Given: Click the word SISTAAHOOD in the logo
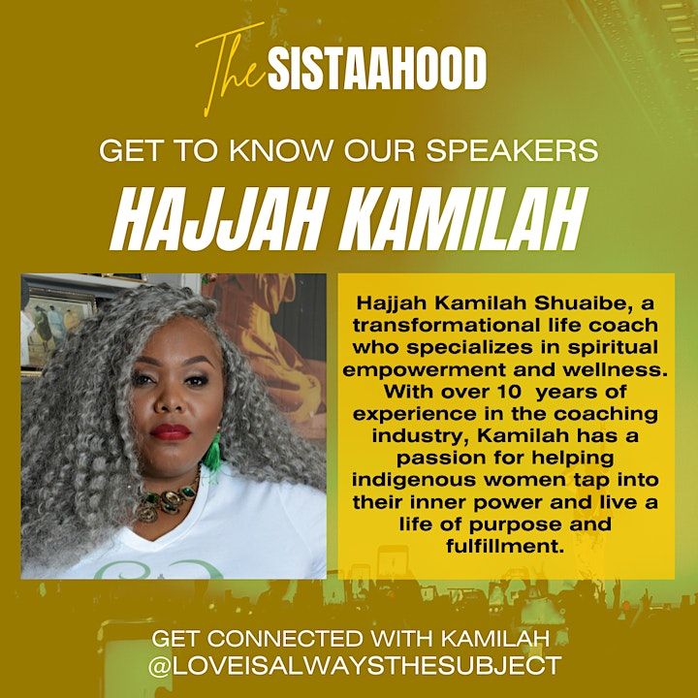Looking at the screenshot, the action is point(377,69).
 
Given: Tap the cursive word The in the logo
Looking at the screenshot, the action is point(232,70).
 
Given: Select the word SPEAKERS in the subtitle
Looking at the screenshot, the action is point(513,150).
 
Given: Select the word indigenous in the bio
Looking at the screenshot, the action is point(414,480).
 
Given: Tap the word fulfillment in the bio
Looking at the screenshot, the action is point(505,546).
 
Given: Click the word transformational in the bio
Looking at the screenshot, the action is point(445,326).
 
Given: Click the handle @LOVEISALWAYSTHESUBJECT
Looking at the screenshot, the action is point(355,666).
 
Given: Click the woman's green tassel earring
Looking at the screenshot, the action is point(212,453).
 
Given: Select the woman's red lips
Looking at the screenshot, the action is point(171,431).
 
